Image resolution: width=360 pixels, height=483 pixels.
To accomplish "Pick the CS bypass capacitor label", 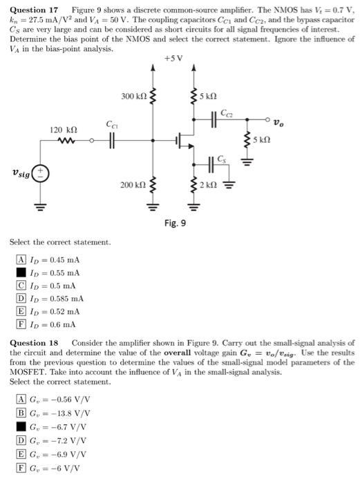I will tap(221, 159).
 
